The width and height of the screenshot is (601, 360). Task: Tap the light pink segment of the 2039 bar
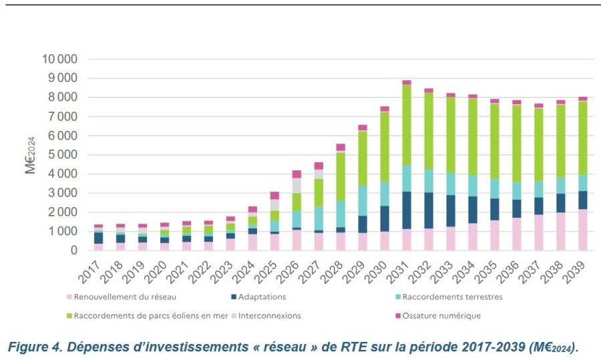pos(582,230)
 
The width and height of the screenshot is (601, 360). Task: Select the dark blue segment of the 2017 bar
pos(99,238)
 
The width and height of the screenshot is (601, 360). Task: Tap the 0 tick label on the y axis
pos(73,250)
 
